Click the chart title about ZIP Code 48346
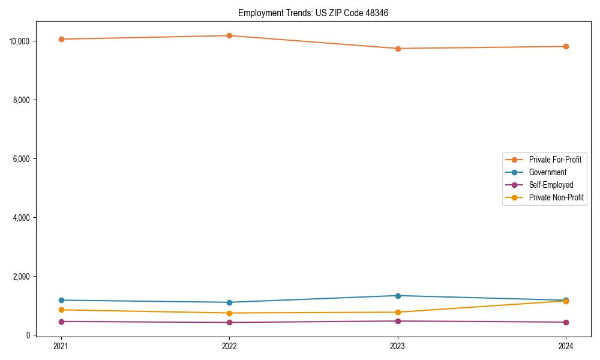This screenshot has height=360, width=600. [x=313, y=13]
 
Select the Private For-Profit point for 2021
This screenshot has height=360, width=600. [x=61, y=39]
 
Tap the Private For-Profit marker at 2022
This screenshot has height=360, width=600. [x=229, y=35]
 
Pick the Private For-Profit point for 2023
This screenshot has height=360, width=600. [x=398, y=49]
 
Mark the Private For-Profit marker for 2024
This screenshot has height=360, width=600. [x=566, y=46]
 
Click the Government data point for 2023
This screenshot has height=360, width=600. [x=398, y=296]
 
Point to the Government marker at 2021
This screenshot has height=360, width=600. [x=61, y=300]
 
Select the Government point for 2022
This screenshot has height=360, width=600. [x=229, y=302]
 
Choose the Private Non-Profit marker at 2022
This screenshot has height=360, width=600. [x=229, y=313]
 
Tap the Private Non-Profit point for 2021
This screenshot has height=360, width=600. [x=61, y=310]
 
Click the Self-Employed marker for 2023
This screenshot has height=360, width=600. [x=398, y=321]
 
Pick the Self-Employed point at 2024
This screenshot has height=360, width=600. [x=566, y=322]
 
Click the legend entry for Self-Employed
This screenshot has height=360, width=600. [x=551, y=185]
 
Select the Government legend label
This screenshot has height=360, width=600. [x=547, y=172]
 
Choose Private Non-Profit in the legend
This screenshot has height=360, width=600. [x=556, y=197]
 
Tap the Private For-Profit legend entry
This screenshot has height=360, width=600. [x=555, y=160]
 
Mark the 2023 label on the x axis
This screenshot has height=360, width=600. [x=398, y=346]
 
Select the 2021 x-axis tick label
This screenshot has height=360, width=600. [x=61, y=346]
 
